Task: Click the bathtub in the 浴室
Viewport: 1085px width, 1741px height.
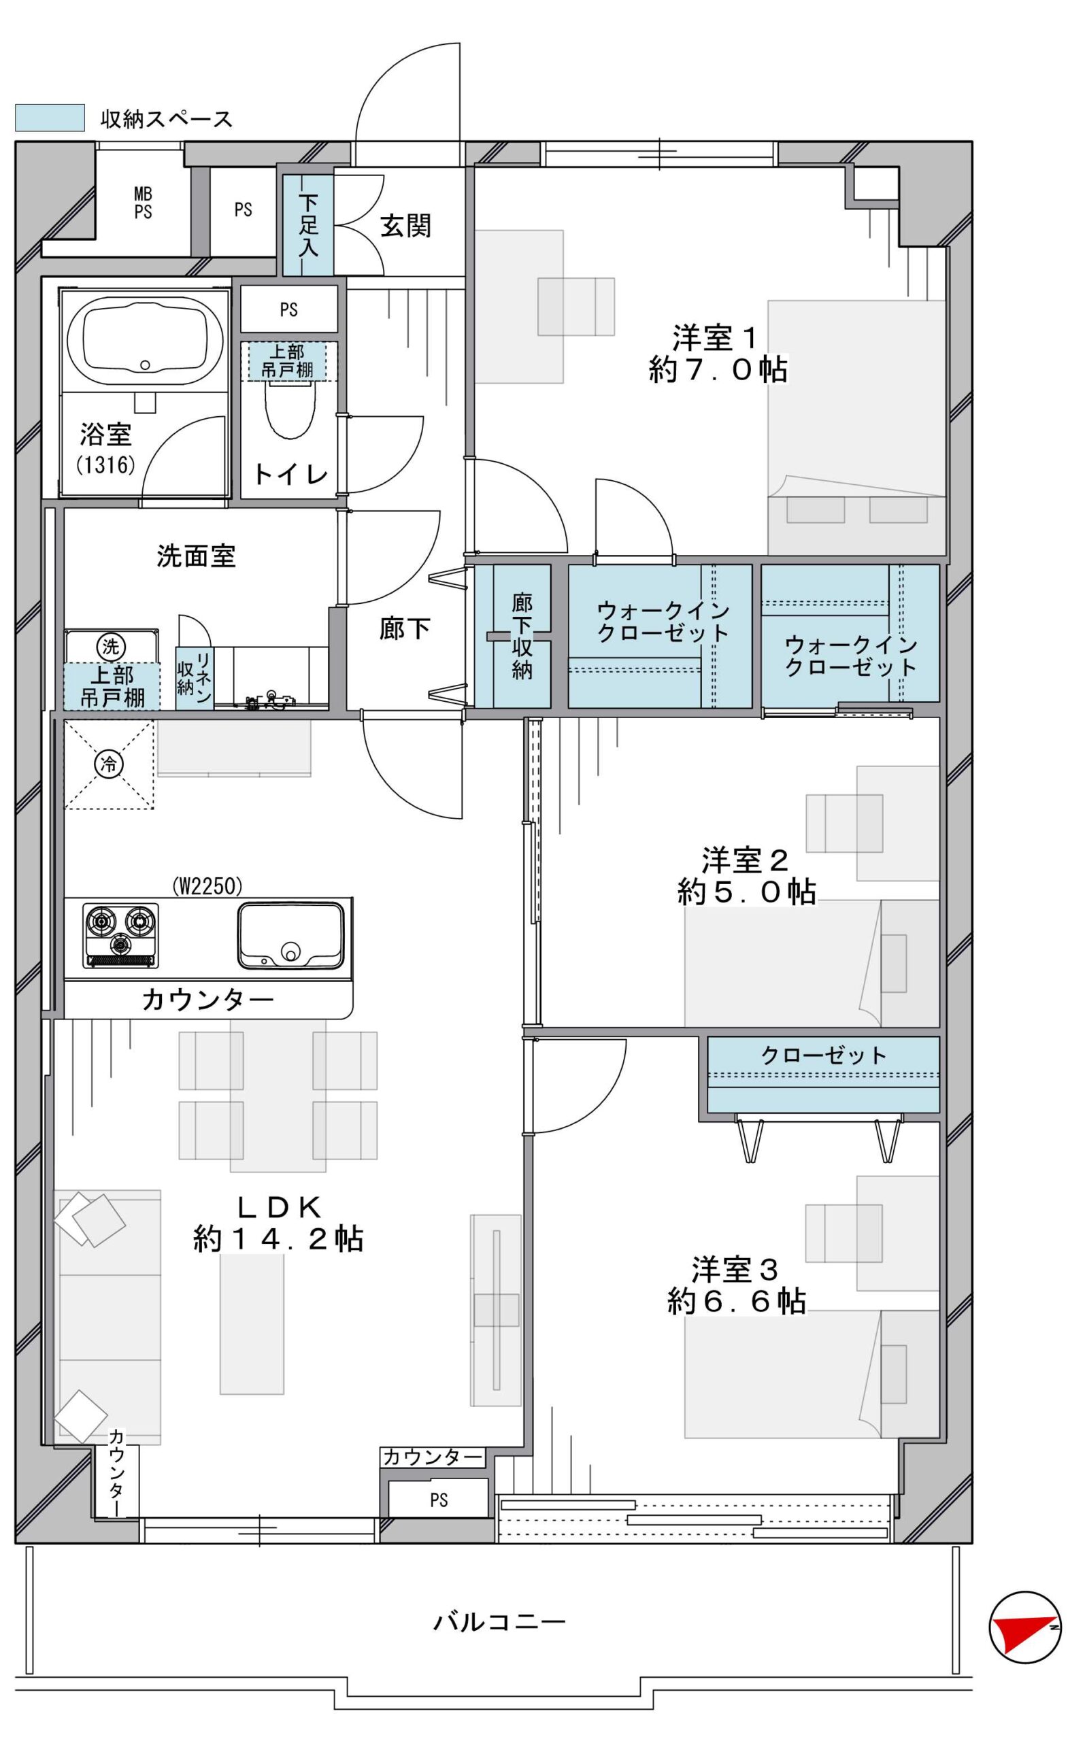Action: [145, 342]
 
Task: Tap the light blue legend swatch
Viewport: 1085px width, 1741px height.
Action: [50, 118]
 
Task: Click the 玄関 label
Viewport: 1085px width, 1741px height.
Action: [405, 226]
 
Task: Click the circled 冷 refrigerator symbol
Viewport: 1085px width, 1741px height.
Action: [109, 764]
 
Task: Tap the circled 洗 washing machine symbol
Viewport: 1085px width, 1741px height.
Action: [110, 646]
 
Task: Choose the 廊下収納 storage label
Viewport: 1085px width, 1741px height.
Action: [522, 636]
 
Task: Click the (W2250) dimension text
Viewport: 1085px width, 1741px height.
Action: [207, 887]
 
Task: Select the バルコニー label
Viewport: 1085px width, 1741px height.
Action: [499, 1621]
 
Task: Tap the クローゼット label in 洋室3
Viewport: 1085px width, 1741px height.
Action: [823, 1055]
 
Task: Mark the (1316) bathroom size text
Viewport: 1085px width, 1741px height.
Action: [105, 466]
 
